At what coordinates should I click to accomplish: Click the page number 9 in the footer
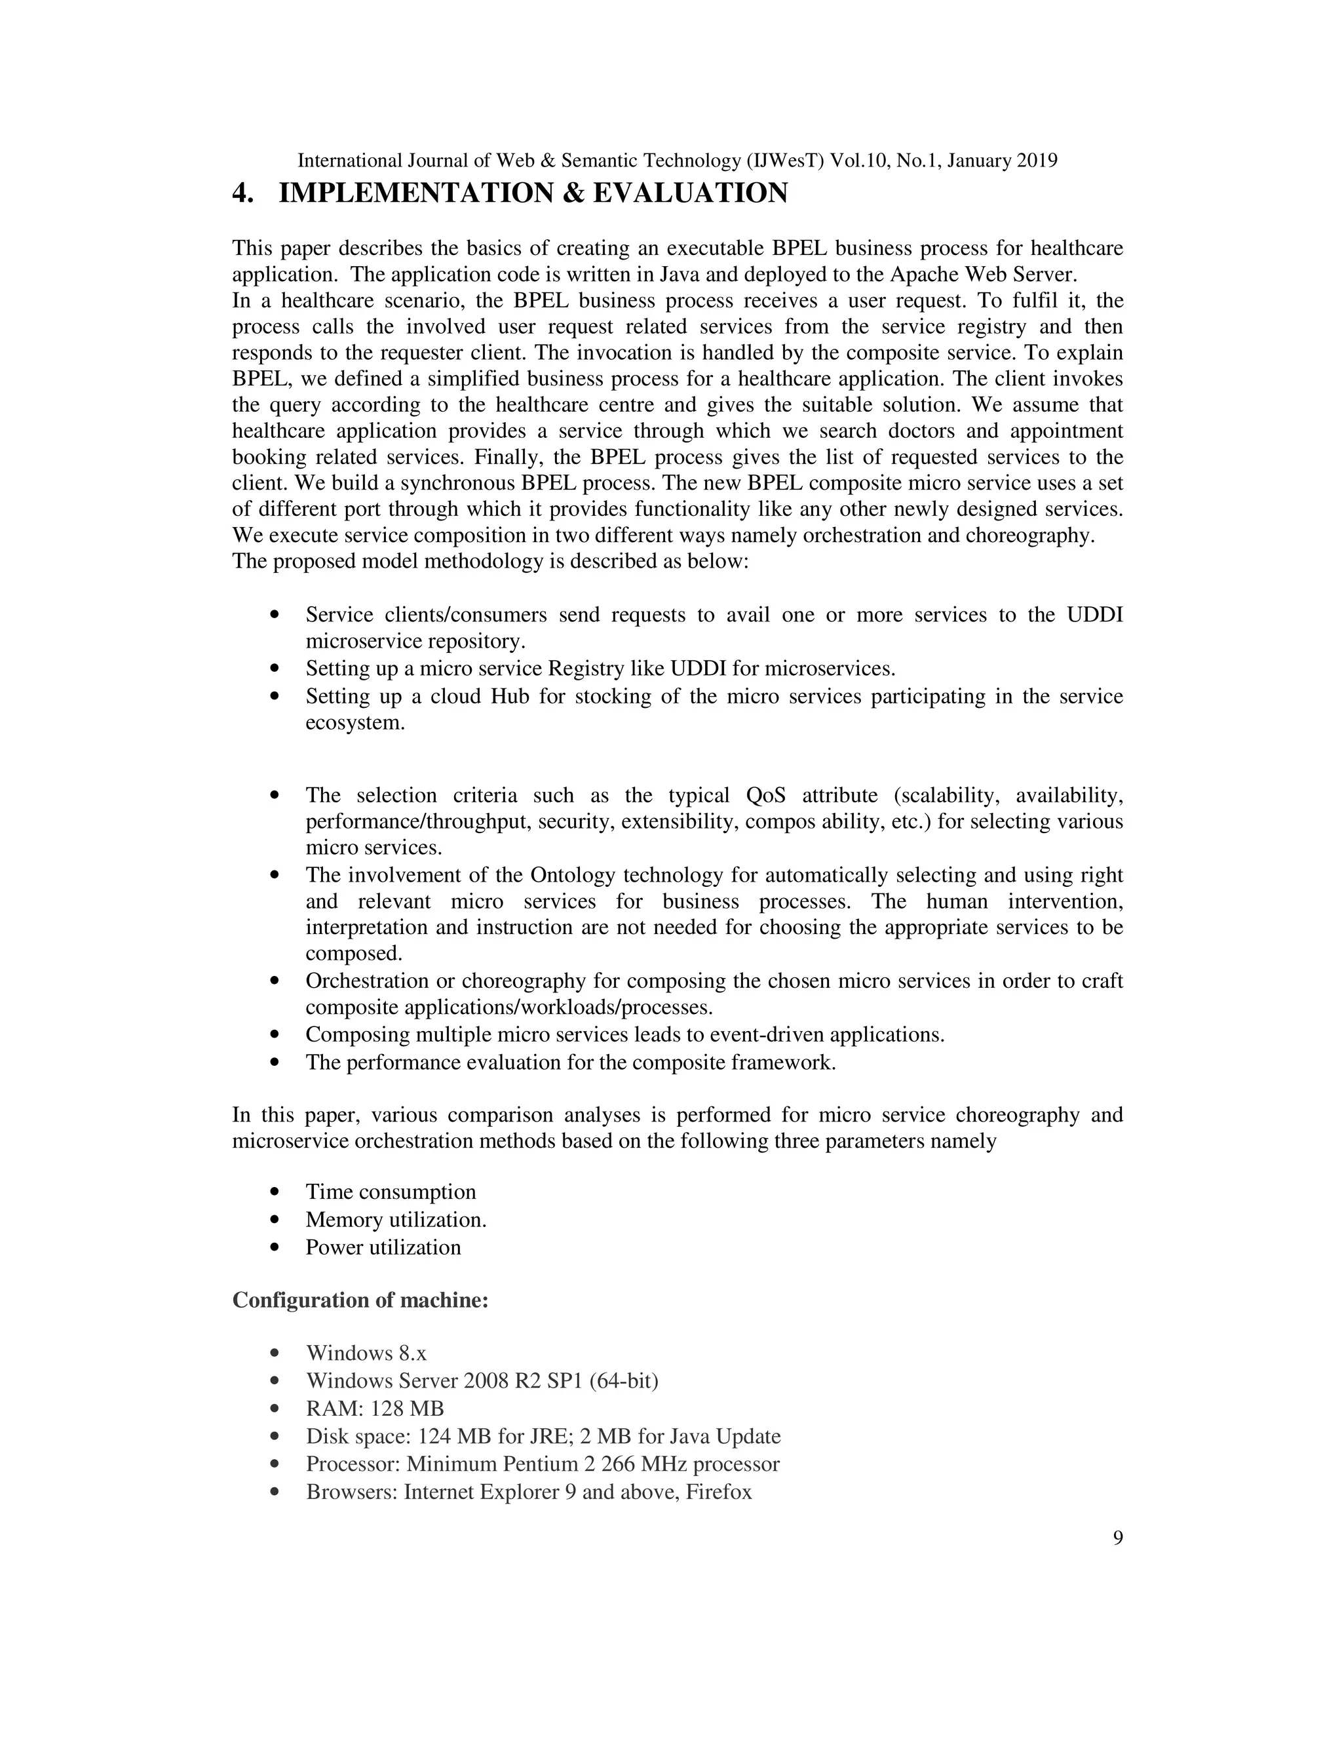1117,1538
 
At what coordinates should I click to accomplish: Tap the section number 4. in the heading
242,193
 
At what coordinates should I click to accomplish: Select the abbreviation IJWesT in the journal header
783,161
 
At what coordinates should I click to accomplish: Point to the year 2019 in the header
1036,161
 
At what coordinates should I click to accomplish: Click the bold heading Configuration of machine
360,1300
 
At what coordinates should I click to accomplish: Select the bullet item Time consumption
391,1192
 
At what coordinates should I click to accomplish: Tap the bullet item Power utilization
383,1247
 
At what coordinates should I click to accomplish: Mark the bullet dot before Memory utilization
275,1219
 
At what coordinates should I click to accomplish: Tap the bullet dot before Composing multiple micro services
275,1035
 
